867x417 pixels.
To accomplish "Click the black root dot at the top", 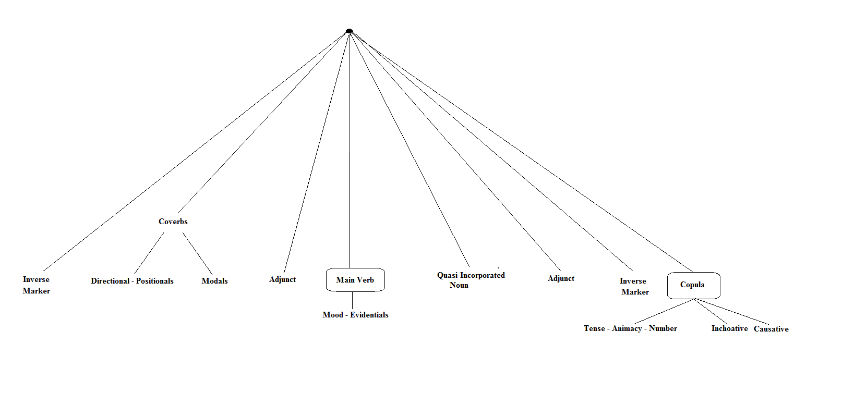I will click(x=349, y=31).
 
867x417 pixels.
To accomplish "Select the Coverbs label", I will click(x=173, y=222).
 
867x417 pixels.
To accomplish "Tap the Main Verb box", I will click(x=355, y=280).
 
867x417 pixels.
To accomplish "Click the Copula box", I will click(x=693, y=285).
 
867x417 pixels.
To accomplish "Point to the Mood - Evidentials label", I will click(x=355, y=315).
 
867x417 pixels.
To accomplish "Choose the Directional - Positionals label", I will click(x=132, y=281).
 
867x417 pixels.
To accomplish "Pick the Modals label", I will click(x=214, y=281).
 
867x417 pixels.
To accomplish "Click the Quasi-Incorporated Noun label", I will click(x=471, y=280).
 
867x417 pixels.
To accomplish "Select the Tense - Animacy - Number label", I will click(x=630, y=328).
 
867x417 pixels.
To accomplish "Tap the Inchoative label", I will click(x=729, y=328).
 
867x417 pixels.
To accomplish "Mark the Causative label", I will click(x=771, y=329).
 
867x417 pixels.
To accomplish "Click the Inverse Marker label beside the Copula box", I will click(x=634, y=286).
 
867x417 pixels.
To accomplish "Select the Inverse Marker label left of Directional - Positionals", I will click(x=36, y=285).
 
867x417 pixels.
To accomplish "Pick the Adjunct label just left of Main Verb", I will click(x=282, y=279).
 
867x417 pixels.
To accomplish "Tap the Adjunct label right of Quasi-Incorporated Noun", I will click(x=561, y=278).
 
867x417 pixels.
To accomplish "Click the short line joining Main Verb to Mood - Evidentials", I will click(x=352, y=300).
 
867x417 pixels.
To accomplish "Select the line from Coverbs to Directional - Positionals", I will click(x=149, y=254).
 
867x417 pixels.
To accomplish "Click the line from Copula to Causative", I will click(x=731, y=312).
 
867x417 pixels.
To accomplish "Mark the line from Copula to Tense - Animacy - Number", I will click(x=664, y=312).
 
